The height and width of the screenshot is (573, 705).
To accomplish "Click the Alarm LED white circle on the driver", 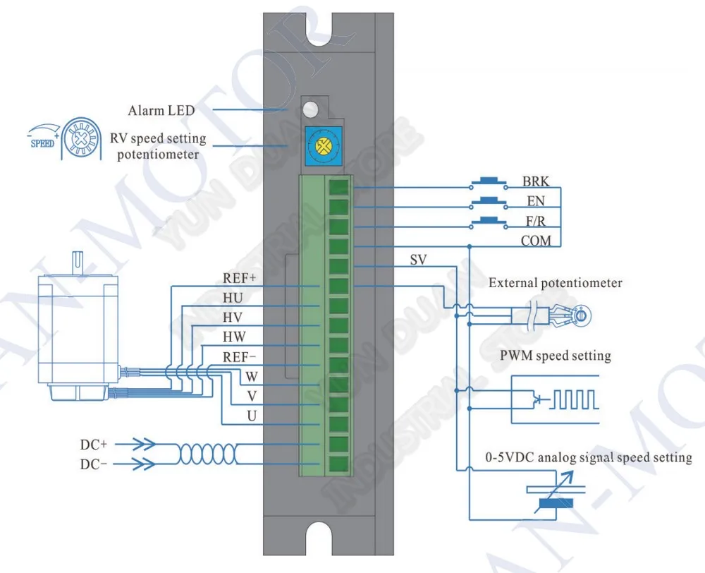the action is coord(310,109).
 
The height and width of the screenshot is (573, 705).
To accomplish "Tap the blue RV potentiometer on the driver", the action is coord(324,146).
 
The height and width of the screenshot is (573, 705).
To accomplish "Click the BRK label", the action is coord(536,181).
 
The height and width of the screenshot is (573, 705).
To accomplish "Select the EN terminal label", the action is coord(536,201).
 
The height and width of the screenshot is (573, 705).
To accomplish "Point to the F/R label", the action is coord(536,221).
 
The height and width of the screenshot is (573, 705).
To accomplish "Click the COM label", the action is coord(536,241).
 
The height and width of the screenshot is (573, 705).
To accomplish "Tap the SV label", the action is coord(418,260).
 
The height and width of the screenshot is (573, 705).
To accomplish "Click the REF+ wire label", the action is coord(239,278).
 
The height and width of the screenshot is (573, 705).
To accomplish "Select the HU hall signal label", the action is coord(233,298).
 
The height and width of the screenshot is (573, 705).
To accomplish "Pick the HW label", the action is coord(234,337).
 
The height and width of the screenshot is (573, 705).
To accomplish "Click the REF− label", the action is coord(239,357).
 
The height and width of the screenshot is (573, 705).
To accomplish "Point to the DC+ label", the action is coord(94,445).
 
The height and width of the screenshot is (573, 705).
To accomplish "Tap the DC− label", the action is coord(94,464).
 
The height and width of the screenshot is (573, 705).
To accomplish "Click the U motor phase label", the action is coord(252,416).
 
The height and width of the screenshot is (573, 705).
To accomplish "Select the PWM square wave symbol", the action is coord(574,399).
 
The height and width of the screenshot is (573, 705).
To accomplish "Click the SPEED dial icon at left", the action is coord(80,138).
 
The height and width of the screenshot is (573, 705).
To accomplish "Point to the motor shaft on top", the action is coord(77,263).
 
